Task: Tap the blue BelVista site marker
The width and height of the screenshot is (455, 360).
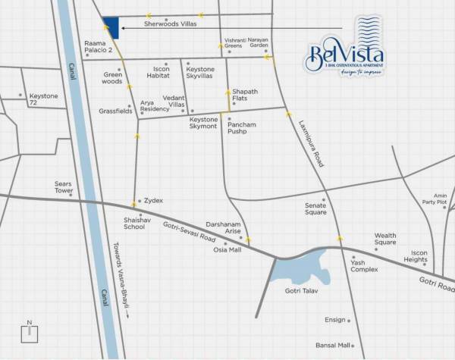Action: (111, 27)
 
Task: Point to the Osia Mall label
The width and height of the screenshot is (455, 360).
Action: (227, 249)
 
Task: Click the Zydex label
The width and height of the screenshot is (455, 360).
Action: (154, 201)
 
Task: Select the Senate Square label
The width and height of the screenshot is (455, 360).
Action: (315, 208)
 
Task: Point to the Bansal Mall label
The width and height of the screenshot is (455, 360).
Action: (333, 345)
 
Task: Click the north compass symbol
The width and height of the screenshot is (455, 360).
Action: (30, 335)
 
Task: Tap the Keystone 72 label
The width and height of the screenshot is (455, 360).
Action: (43, 99)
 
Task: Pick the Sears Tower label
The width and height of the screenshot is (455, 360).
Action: (63, 186)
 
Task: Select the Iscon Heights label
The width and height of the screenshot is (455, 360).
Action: (415, 256)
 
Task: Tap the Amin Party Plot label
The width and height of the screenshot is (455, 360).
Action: (435, 199)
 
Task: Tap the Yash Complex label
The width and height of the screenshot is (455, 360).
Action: (364, 266)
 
